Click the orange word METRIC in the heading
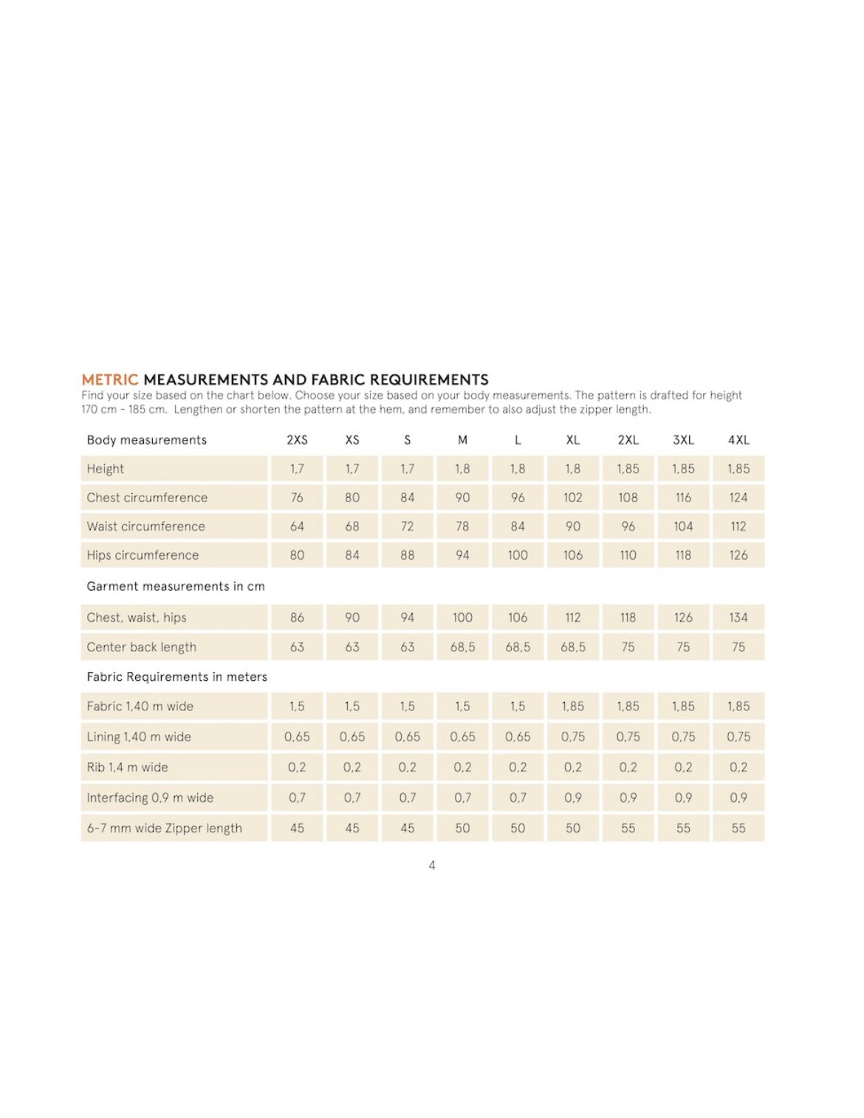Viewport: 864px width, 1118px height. [109, 380]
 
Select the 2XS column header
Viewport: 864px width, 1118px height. [297, 440]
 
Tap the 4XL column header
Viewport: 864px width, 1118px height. [738, 440]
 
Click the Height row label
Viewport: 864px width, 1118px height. [106, 469]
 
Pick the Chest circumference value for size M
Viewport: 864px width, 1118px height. [462, 498]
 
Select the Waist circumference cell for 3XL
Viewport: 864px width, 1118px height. [683, 527]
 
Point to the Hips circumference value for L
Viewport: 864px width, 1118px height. [518, 555]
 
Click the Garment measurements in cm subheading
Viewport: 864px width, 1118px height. [175, 586]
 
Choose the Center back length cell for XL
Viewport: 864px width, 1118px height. [573, 648]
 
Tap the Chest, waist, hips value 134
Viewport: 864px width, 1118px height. [738, 618]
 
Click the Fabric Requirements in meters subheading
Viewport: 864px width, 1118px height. [176, 677]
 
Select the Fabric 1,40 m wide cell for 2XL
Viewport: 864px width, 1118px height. [628, 707]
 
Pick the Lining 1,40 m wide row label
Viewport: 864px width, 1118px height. [139, 737]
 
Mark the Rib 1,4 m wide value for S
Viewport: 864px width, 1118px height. [407, 767]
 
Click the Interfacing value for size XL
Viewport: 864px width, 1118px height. [573, 798]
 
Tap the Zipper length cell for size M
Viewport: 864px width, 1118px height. [462, 829]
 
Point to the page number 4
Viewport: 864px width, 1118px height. [432, 865]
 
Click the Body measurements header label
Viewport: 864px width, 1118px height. [146, 440]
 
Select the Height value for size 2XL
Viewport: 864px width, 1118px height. [628, 469]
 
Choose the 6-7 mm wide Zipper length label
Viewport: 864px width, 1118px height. [164, 829]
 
